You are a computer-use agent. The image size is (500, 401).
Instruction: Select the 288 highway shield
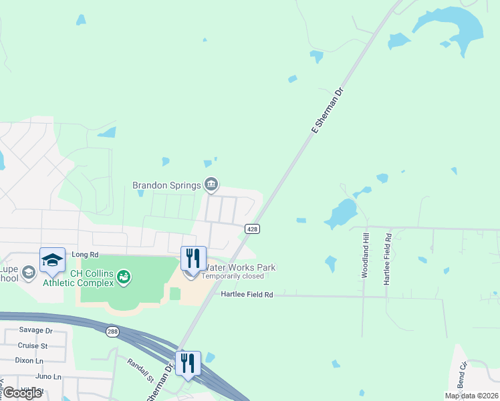coord(112,331)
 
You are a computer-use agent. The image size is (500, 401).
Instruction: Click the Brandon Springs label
coord(167,184)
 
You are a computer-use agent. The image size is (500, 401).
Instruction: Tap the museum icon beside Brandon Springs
coord(211,184)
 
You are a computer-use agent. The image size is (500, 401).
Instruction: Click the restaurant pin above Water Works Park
coord(193,259)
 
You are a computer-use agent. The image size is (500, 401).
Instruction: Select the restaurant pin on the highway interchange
coord(188,364)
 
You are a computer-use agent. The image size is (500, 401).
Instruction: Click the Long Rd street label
coord(85,255)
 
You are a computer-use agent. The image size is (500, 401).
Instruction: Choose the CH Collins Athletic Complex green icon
coord(124,276)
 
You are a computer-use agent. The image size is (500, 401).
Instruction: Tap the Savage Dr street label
coord(35,330)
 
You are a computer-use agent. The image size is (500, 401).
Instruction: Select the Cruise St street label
coord(33,346)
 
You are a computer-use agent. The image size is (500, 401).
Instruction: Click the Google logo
coord(23,393)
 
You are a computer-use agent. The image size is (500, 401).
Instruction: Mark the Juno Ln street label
coord(29,376)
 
